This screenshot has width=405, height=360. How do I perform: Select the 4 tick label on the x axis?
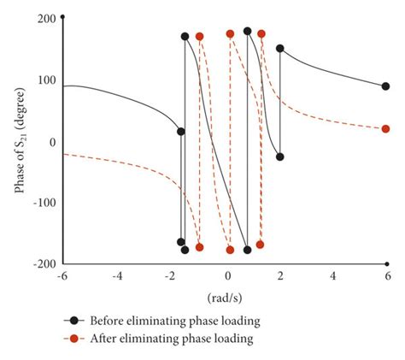[x=333, y=276]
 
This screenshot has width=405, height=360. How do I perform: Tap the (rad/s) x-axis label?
[x=226, y=298]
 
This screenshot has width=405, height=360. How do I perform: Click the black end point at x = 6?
[x=385, y=86]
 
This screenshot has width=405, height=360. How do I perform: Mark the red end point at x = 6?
[x=385, y=129]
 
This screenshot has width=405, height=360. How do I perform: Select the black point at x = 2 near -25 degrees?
[x=279, y=156]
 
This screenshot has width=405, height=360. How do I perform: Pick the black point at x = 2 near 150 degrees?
[x=279, y=49]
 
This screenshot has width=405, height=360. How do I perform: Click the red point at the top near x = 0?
[x=230, y=34]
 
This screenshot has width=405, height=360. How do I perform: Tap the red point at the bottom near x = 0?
[x=230, y=250]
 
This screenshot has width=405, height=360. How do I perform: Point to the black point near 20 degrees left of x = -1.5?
[x=180, y=131]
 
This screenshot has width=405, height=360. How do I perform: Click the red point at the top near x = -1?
[x=200, y=37]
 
